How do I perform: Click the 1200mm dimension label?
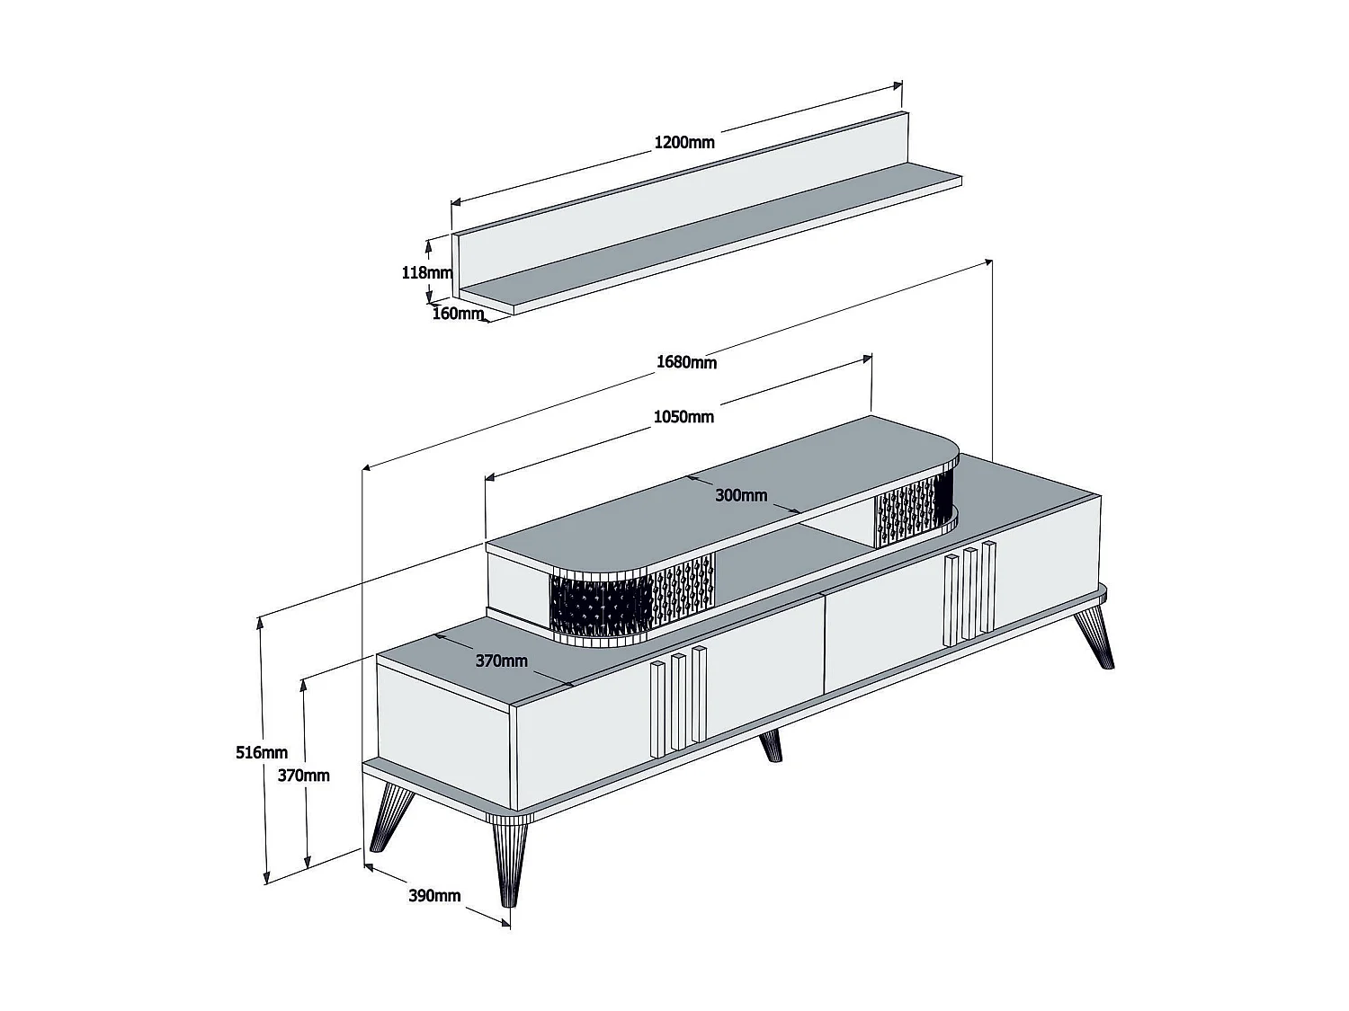tap(683, 142)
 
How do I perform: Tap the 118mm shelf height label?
tap(426, 271)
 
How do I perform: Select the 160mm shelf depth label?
tap(458, 314)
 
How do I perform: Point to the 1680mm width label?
tap(686, 362)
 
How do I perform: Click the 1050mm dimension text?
tap(683, 416)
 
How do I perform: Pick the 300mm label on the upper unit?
tap(741, 495)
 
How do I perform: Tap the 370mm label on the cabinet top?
tap(501, 661)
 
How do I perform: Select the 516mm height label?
tap(262, 752)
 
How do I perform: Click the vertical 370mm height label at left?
tap(303, 775)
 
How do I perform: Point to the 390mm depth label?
tap(434, 895)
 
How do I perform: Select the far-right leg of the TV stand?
tap(1095, 634)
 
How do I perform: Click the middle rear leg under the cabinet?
tap(771, 746)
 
